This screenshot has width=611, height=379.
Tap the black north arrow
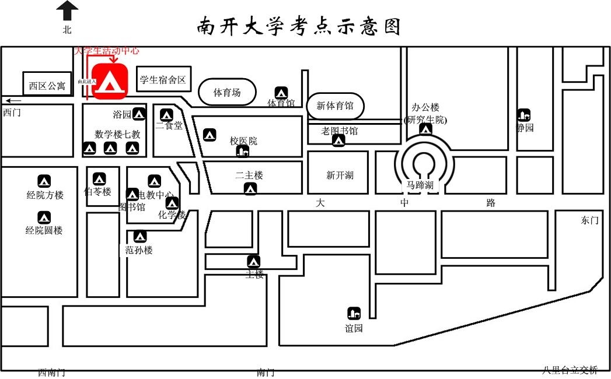pyautogui.click(x=68, y=10)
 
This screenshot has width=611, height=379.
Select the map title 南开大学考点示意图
pyautogui.click(x=299, y=26)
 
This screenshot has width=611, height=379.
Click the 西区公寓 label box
pyautogui.click(x=47, y=85)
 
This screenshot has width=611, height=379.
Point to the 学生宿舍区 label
pyautogui.click(x=163, y=79)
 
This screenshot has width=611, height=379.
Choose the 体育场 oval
pyautogui.click(x=227, y=92)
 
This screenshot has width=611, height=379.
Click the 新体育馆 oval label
pyautogui.click(x=335, y=106)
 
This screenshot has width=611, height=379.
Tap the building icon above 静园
pyautogui.click(x=523, y=115)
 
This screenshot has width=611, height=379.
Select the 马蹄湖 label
pyautogui.click(x=420, y=185)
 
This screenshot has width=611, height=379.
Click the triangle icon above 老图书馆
pyautogui.click(x=338, y=141)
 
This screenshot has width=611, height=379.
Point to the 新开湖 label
pyautogui.click(x=340, y=175)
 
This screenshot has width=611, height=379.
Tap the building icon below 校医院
pyautogui.click(x=242, y=152)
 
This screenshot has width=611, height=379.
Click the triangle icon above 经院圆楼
pyautogui.click(x=44, y=217)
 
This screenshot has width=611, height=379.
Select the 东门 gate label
pyautogui.click(x=589, y=220)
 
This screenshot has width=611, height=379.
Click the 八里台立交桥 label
pyautogui.click(x=570, y=370)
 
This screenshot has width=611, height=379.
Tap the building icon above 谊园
pyautogui.click(x=354, y=313)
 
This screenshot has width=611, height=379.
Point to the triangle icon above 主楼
pyautogui.click(x=253, y=262)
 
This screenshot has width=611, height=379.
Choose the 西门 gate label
pyautogui.click(x=12, y=112)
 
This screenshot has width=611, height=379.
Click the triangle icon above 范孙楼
pyautogui.click(x=140, y=237)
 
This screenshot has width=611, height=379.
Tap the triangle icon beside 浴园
pyautogui.click(x=139, y=114)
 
